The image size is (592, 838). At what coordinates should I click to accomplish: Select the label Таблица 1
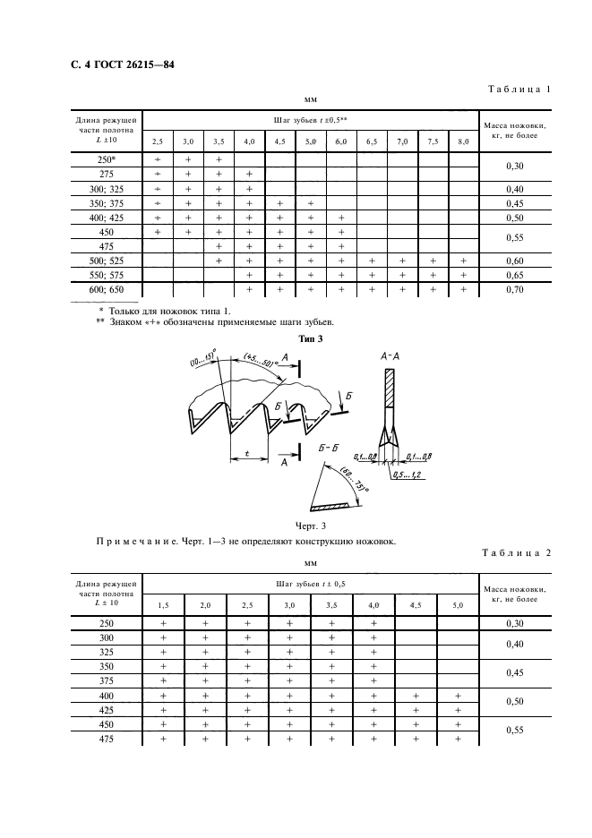pyautogui.click(x=519, y=90)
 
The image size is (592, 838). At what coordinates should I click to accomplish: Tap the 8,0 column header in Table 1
pyautogui.click(x=462, y=141)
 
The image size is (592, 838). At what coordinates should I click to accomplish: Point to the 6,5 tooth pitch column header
pyautogui.click(x=371, y=141)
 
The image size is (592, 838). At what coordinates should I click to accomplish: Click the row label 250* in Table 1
pyautogui.click(x=107, y=158)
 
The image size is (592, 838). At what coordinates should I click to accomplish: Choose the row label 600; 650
pyautogui.click(x=107, y=290)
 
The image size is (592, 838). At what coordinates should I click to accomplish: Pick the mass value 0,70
pyautogui.click(x=515, y=290)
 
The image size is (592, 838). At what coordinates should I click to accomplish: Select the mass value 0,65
pyautogui.click(x=515, y=275)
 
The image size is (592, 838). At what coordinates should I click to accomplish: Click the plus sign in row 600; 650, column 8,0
pyautogui.click(x=462, y=290)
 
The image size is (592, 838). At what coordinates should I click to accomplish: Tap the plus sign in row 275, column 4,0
pyautogui.click(x=248, y=174)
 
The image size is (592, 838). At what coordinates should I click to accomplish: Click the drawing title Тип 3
pyautogui.click(x=309, y=338)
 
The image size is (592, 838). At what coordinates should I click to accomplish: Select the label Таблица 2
pyautogui.click(x=519, y=552)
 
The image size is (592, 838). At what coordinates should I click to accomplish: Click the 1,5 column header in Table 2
pyautogui.click(x=163, y=605)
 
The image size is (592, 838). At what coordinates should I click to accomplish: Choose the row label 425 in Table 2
pyautogui.click(x=107, y=708)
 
